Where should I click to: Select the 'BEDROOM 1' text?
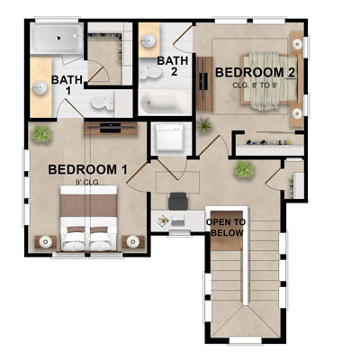pos(87,168)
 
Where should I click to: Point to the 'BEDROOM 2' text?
pos(243,71)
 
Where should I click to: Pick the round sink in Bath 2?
pos(148,41)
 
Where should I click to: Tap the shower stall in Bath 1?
pos(56,40)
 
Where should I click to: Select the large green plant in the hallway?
pos(242,168)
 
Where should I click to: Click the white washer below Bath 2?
pos(170,138)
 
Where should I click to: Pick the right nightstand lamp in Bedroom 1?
pos(135,240)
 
